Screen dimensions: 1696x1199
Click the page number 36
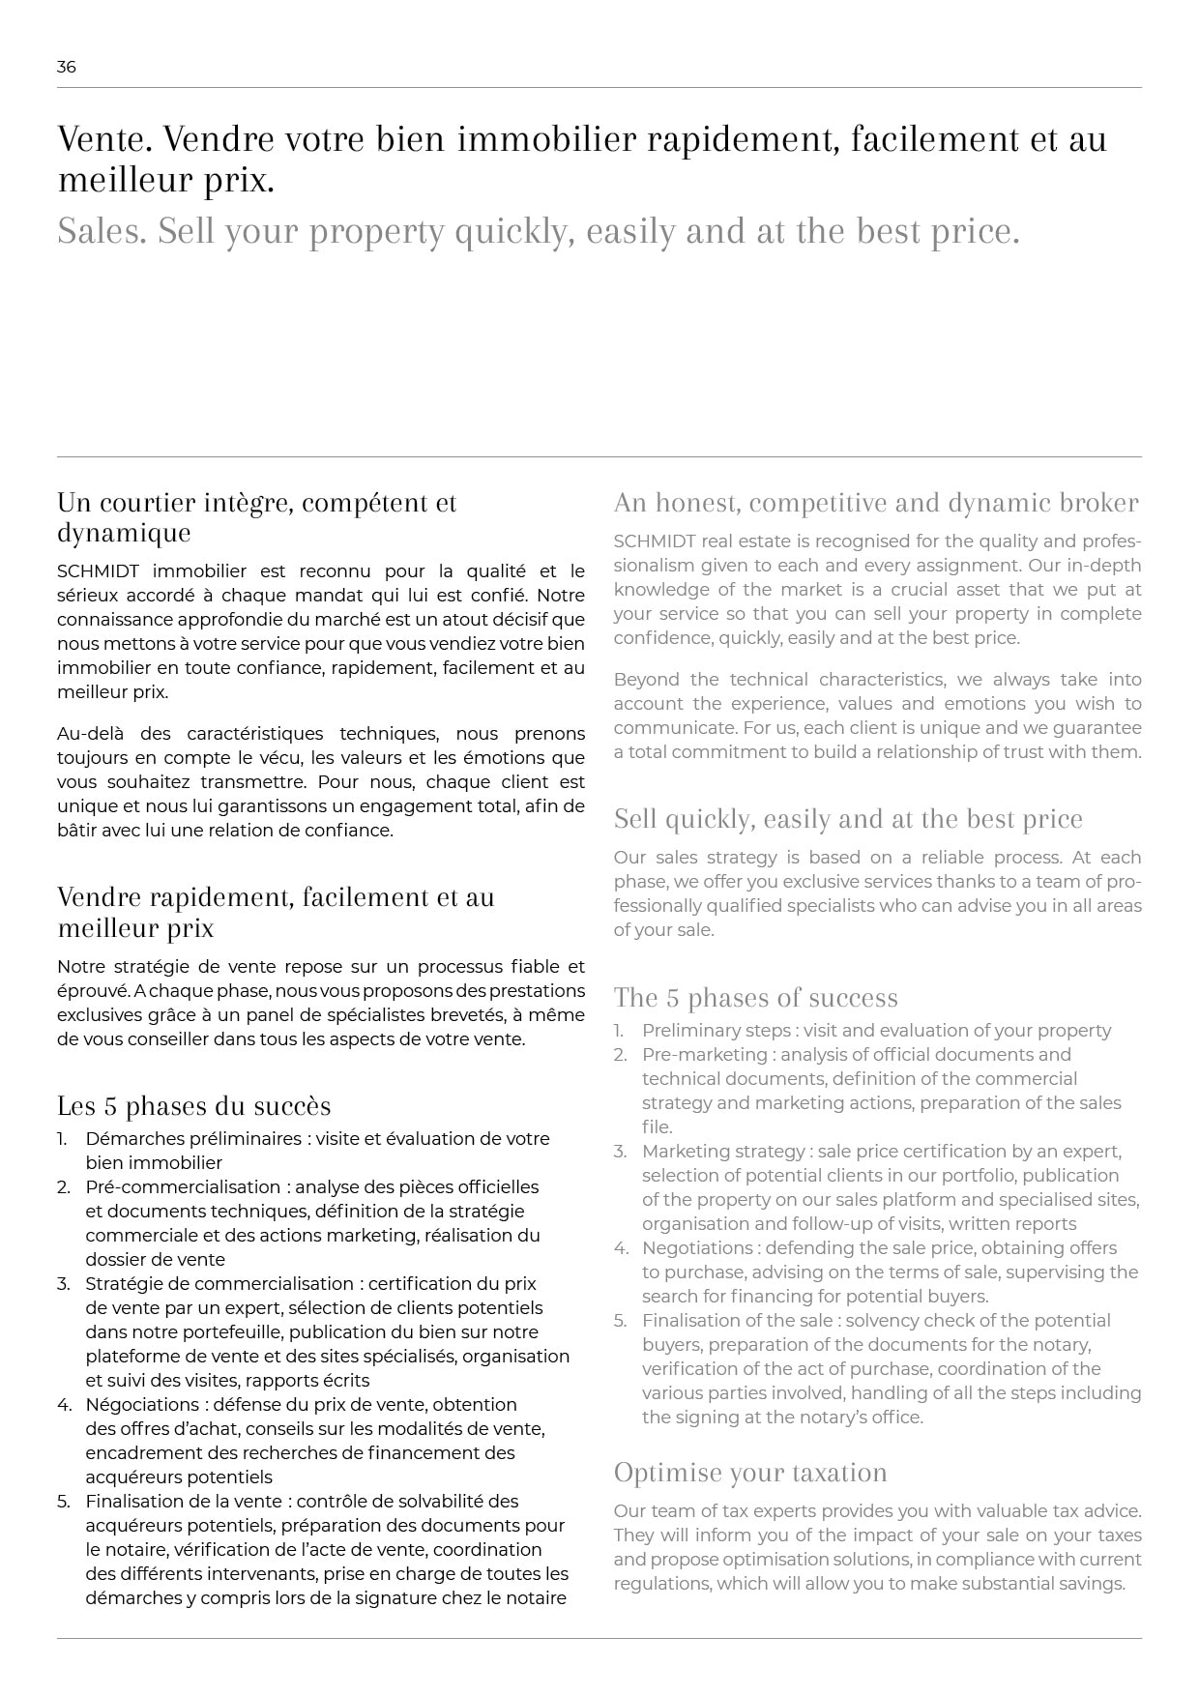click(66, 67)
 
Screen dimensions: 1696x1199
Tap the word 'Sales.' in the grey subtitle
click(102, 232)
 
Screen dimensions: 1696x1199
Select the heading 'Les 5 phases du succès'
click(193, 1106)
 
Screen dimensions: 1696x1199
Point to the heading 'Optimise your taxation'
click(750, 1473)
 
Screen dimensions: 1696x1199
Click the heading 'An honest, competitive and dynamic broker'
click(876, 503)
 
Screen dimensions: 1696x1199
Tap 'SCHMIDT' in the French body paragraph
click(97, 571)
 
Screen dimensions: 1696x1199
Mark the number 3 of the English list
click(619, 1152)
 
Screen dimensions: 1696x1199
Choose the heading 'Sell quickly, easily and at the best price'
click(848, 820)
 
